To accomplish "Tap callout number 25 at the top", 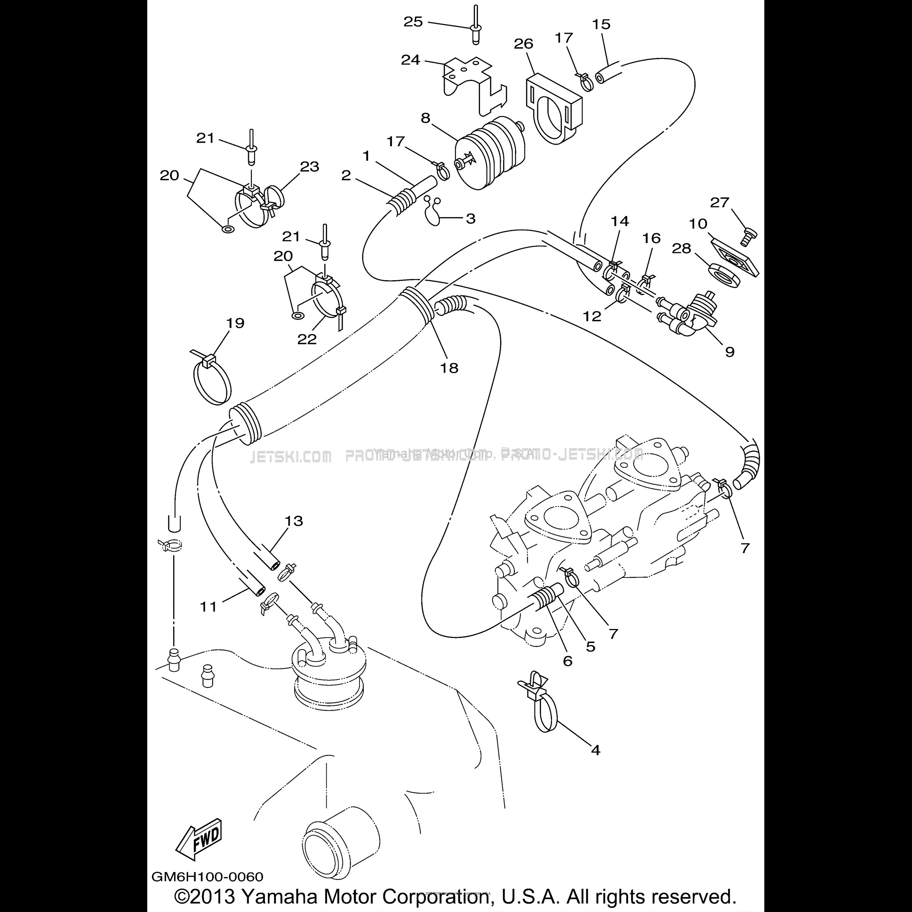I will tap(413, 22).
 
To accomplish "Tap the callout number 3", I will tap(471, 218).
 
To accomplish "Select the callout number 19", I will tap(235, 323).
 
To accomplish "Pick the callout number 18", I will tap(449, 368).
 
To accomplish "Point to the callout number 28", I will tap(681, 248).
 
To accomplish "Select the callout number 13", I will tap(294, 521).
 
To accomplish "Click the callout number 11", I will tap(208, 607).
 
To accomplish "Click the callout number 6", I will tap(567, 661).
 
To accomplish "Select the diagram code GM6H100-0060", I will tap(207, 877).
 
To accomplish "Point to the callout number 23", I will tap(310, 167).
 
